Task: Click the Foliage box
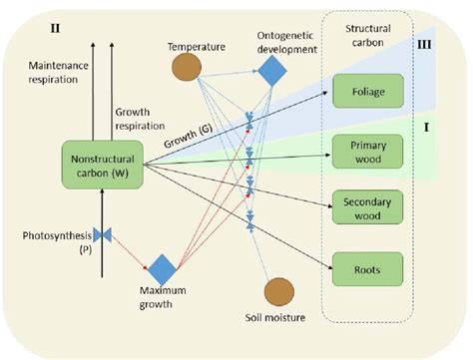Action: point(368,91)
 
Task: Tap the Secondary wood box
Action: point(368,206)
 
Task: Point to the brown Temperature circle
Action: point(187,68)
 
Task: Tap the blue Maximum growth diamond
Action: point(162,268)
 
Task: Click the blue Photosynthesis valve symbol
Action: point(102,235)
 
